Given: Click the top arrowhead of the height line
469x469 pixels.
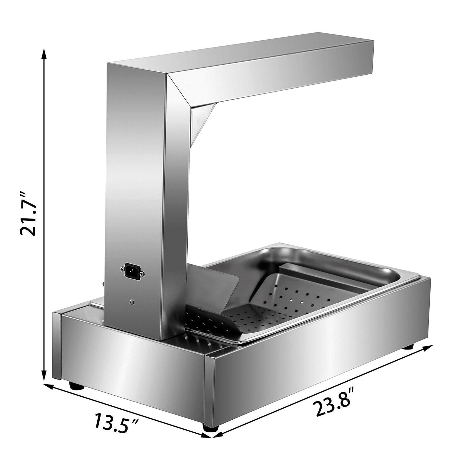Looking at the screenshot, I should (44, 53).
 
